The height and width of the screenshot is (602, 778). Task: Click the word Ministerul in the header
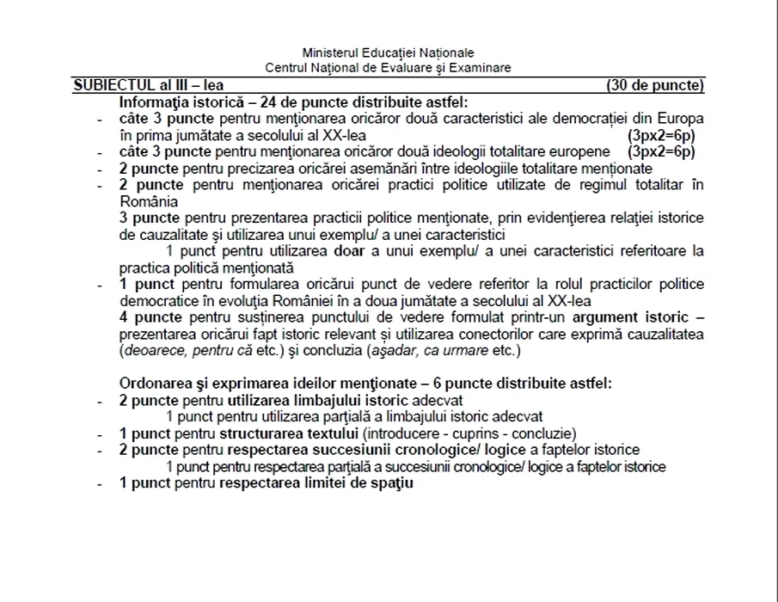[328, 52]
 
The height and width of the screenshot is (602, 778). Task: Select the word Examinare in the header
[482, 66]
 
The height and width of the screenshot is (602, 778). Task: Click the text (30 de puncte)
[655, 85]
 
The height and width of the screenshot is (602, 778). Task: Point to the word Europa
[683, 117]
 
